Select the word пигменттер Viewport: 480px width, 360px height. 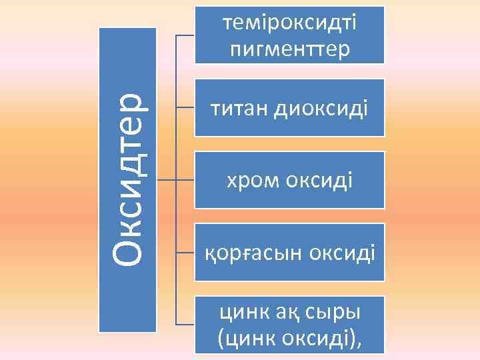pyautogui.click(x=290, y=49)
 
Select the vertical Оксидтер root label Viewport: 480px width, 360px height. pyautogui.click(x=127, y=179)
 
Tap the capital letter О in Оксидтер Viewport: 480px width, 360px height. pyautogui.click(x=127, y=252)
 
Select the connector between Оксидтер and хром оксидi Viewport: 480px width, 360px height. pyautogui.click(x=175, y=179)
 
